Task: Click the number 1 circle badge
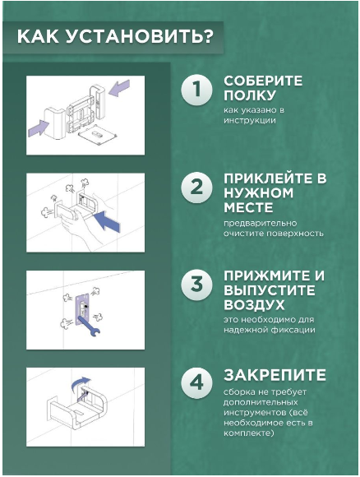[x=196, y=90]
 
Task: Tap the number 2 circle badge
[x=196, y=187]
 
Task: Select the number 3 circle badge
[x=196, y=285]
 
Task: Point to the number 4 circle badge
[x=196, y=382]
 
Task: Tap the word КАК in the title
[x=38, y=37]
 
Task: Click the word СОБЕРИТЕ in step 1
[x=263, y=81]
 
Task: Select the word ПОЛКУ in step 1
[x=250, y=95]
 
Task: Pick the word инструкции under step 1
[x=250, y=120]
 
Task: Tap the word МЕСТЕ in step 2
[x=249, y=208]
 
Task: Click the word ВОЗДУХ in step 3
[x=254, y=305]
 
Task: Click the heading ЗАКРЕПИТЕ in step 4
[x=275, y=375]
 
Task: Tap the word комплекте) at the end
[x=249, y=433]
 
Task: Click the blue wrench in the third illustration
[x=89, y=326]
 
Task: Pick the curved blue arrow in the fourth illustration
[x=80, y=384]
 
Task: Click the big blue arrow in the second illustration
[x=106, y=221]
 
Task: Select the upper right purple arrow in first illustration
[x=119, y=88]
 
